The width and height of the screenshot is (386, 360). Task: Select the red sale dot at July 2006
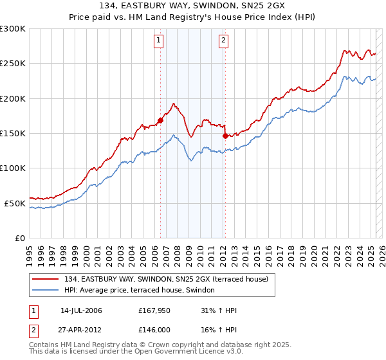[x=160, y=120]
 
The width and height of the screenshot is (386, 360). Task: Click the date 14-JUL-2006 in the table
[x=81, y=310]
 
